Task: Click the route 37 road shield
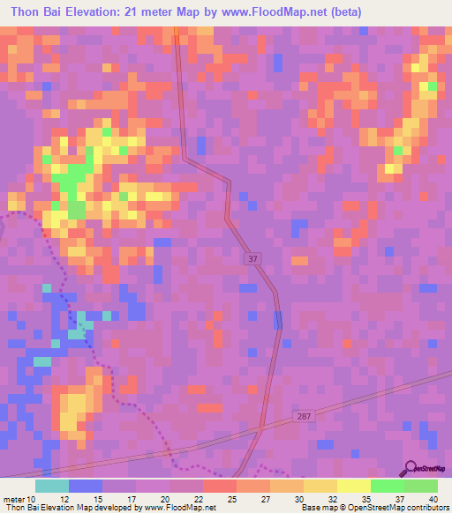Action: (252, 258)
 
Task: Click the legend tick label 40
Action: (432, 498)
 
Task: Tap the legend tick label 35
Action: (364, 498)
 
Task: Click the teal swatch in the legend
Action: (52, 486)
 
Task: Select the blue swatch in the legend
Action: (86, 486)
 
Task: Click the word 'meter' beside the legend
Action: (15, 498)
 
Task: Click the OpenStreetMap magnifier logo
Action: (411, 468)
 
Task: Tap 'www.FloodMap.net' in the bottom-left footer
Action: (180, 508)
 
